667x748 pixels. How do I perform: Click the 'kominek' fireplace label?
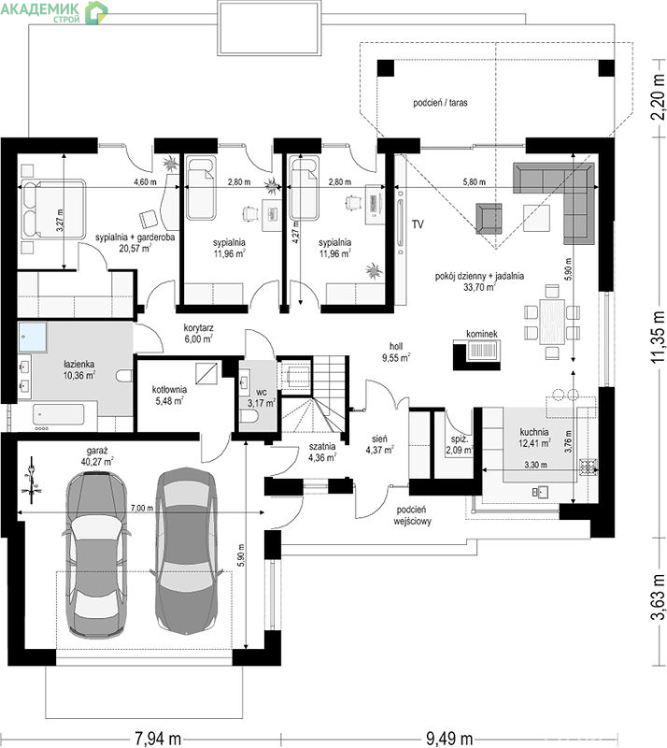482,334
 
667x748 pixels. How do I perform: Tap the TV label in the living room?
418,224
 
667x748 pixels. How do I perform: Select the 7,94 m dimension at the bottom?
158,739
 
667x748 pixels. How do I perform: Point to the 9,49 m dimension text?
449,739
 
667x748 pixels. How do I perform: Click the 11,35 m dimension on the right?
659,337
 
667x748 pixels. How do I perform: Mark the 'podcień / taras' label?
440,103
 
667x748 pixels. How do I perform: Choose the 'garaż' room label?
97,451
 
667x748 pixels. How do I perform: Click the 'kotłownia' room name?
169,389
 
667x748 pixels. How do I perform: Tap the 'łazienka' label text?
79,364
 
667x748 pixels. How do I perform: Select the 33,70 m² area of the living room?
479,287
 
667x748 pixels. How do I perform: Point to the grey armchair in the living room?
489,218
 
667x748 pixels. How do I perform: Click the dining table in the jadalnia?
552,321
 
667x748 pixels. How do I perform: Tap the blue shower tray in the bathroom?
33,338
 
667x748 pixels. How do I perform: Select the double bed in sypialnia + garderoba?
52,209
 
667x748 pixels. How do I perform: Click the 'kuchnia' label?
534,432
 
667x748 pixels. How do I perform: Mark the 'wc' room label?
262,392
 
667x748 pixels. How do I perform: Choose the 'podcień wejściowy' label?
412,516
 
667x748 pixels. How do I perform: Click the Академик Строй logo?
54,11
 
